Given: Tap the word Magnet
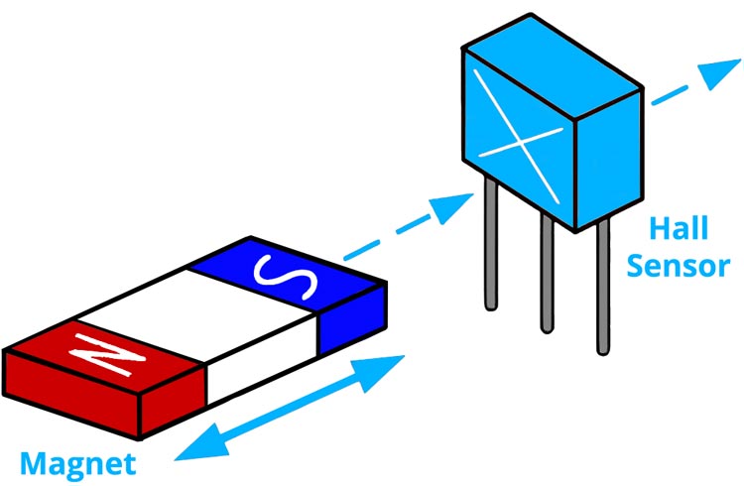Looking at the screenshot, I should pyautogui.click(x=77, y=463).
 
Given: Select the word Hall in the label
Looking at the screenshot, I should pyautogui.click(x=679, y=230).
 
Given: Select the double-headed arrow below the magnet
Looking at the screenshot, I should pyautogui.click(x=288, y=406).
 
